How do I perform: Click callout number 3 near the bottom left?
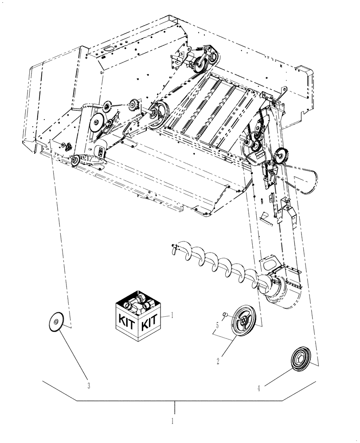(89, 385)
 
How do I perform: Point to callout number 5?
(216, 326)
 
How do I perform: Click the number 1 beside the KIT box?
(172, 316)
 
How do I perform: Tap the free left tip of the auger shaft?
(172, 245)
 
